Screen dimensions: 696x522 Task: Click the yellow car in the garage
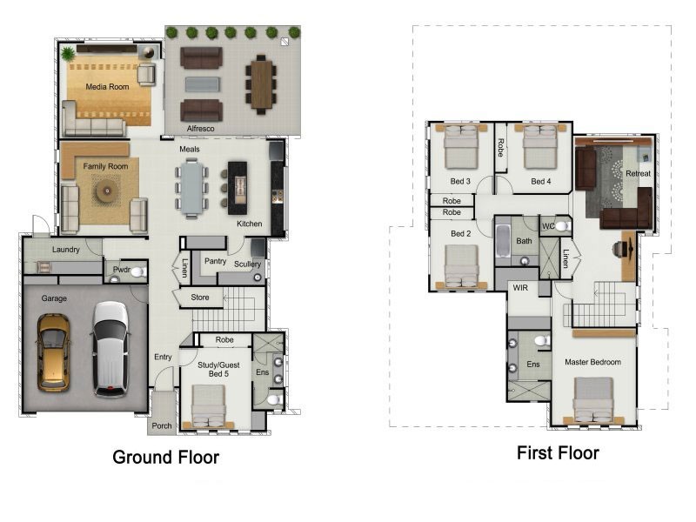tap(53, 353)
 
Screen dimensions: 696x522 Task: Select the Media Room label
tap(107, 87)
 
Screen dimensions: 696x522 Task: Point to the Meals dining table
tap(191, 189)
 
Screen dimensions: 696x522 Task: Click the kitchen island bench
tap(238, 188)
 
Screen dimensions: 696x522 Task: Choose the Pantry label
tap(215, 262)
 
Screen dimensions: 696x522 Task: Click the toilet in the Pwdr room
tap(137, 271)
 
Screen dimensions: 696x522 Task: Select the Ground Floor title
tap(165, 458)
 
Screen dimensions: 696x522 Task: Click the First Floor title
tap(558, 452)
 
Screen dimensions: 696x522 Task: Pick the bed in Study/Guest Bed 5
tap(209, 406)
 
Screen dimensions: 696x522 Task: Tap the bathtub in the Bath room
tap(503, 242)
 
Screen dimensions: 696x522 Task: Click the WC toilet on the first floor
tap(561, 226)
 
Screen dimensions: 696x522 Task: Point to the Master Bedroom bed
tap(593, 400)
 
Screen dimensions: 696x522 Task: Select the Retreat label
tap(638, 173)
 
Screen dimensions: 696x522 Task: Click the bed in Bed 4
tap(540, 147)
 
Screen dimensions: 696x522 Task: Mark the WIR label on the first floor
tap(520, 288)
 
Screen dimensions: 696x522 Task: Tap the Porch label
tap(162, 425)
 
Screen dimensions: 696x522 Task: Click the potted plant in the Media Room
tap(68, 54)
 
